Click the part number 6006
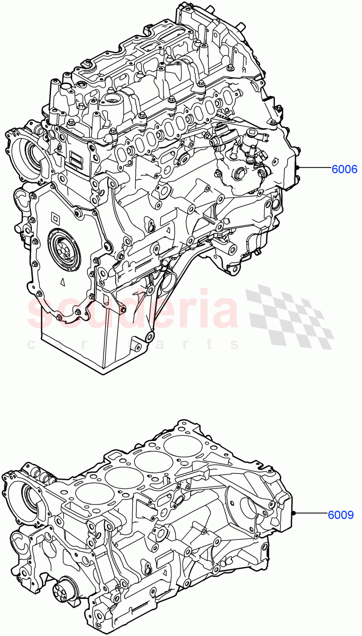click(344, 170)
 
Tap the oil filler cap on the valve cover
click(113, 99)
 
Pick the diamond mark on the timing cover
click(55, 216)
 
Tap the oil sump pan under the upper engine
click(122, 339)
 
